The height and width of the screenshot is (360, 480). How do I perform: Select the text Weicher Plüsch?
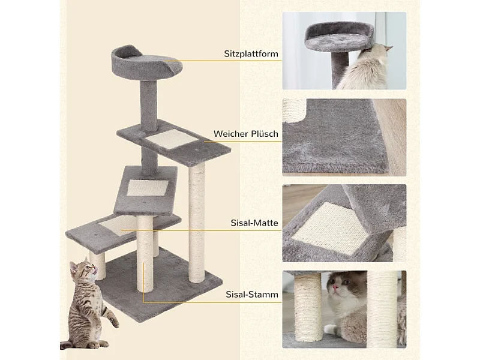click(246, 134)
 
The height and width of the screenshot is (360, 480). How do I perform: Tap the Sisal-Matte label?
click(254, 223)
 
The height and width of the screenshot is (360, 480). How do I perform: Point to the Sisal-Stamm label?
click(252, 295)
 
